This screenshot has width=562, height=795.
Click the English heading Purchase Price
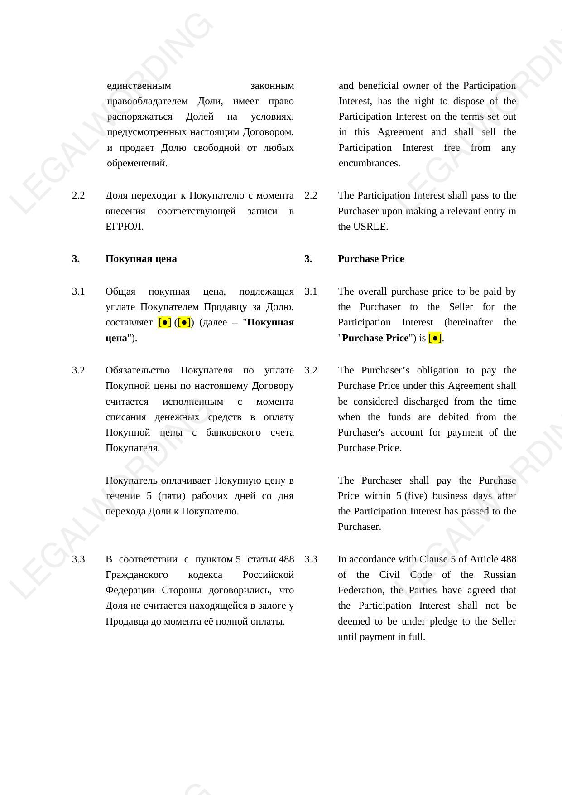(x=370, y=259)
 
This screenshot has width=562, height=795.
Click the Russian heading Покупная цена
(x=141, y=259)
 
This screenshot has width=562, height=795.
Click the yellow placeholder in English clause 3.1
(x=434, y=338)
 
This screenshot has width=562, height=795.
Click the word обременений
(x=137, y=163)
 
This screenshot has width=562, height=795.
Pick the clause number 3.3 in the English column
(x=311, y=559)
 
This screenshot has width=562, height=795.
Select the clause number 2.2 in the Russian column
(x=78, y=195)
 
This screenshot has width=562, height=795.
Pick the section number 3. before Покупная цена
(x=76, y=259)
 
